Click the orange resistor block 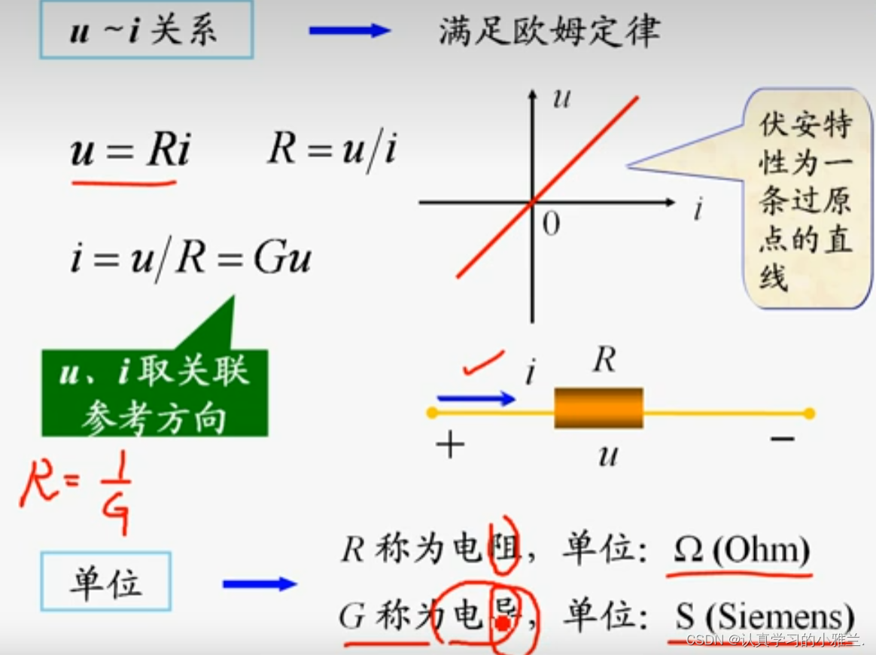pyautogui.click(x=599, y=408)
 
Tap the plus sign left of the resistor pyautogui.click(x=450, y=446)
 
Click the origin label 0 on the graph pyautogui.click(x=551, y=224)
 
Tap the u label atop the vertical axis pyautogui.click(x=561, y=98)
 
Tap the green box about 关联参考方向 pyautogui.click(x=154, y=393)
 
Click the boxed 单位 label pyautogui.click(x=106, y=581)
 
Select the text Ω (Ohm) pyautogui.click(x=741, y=551)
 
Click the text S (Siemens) pyautogui.click(x=763, y=617)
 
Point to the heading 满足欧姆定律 pyautogui.click(x=549, y=32)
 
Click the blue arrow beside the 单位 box pyautogui.click(x=260, y=583)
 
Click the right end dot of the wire pyautogui.click(x=809, y=413)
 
